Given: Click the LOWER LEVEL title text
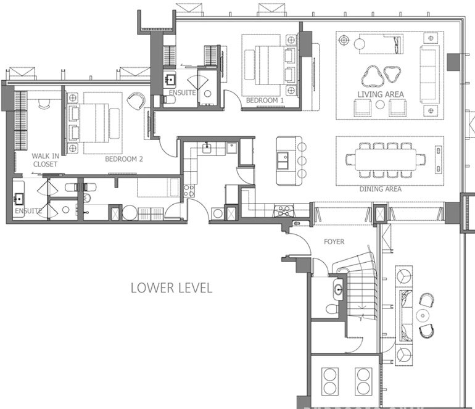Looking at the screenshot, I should point(171,288).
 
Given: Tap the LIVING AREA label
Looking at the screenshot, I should point(381,94).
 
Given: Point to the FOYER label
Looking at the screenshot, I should point(334,242).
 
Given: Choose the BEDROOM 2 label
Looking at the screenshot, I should point(124,159).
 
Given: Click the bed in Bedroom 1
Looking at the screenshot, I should point(266,64).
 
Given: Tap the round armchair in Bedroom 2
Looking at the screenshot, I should point(136,101).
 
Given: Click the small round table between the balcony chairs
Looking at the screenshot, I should point(421,315).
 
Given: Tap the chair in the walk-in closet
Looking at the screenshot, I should point(43,105).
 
